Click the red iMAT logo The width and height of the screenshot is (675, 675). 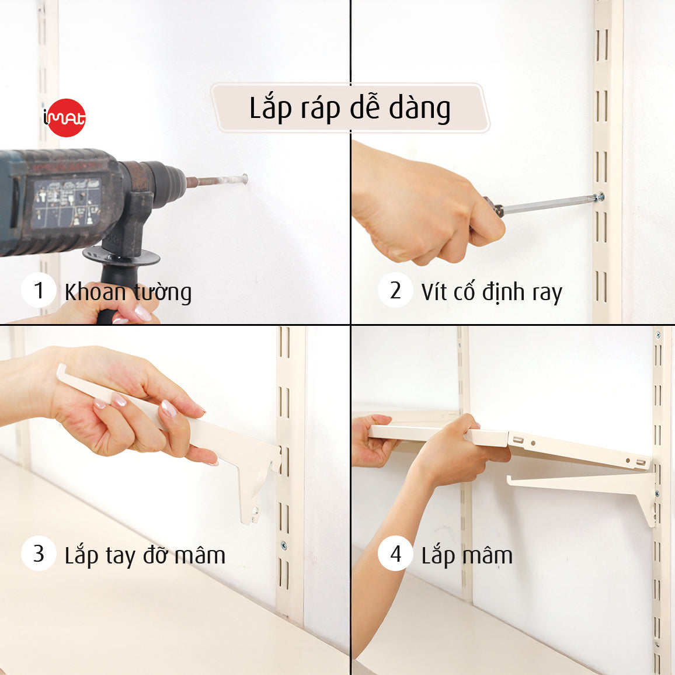coord(65,117)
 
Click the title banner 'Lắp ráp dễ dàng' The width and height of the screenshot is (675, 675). coord(350,109)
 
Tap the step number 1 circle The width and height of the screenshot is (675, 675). coord(39,290)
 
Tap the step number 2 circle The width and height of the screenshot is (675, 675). coord(395,290)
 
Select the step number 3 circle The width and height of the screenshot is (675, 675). coord(39,553)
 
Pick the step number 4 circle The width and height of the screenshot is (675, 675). coord(395,553)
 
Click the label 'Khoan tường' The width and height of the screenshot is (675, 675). coord(128,292)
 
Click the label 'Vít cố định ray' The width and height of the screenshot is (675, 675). coord(492,292)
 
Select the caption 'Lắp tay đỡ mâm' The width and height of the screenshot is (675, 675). coord(145,555)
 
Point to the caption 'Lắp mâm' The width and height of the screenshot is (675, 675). coord(467,555)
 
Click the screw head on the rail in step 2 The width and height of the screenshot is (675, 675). coord(599,197)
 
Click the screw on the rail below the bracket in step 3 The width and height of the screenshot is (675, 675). coord(284,546)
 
